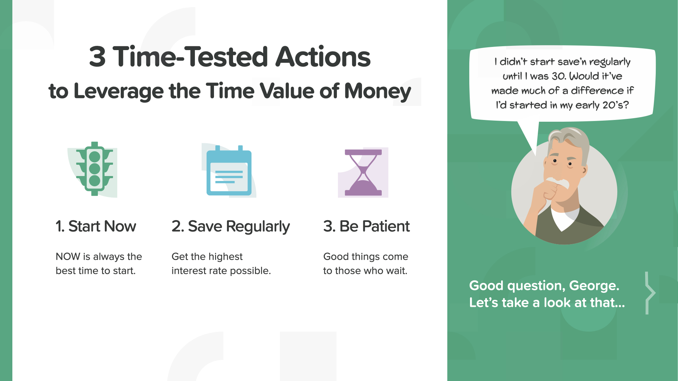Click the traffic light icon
(x=95, y=169)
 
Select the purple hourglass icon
(x=363, y=173)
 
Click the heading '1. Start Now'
(x=96, y=226)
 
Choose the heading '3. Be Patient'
(x=367, y=226)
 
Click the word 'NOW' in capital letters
(x=68, y=256)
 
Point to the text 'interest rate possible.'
(x=221, y=271)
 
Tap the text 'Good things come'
(x=365, y=256)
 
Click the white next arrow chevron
(x=650, y=293)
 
